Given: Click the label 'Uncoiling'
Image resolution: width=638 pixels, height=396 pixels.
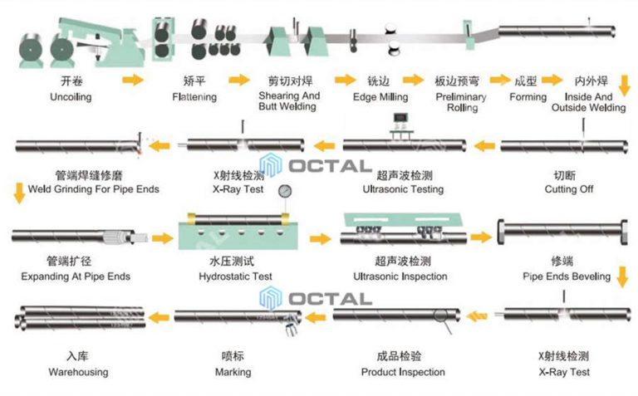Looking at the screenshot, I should (71, 97).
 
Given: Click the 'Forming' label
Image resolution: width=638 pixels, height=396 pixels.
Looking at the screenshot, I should (528, 97).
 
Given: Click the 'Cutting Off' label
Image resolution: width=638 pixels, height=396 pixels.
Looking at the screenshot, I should (569, 189).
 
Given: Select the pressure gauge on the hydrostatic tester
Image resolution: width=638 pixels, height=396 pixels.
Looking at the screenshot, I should (286, 191).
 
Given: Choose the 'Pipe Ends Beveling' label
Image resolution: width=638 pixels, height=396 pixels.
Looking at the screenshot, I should (567, 276).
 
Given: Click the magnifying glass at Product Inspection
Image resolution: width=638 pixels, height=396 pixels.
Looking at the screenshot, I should (443, 326).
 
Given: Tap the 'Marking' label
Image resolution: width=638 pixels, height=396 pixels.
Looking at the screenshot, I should (233, 372).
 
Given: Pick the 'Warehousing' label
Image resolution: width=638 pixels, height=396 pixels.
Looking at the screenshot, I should (77, 372).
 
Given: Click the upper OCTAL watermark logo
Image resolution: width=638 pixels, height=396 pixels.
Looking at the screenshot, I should (315, 165).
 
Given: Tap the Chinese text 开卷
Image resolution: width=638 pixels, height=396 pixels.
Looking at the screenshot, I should (71, 81).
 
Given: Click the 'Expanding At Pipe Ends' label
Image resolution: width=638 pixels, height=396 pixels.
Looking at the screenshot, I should (76, 276).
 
